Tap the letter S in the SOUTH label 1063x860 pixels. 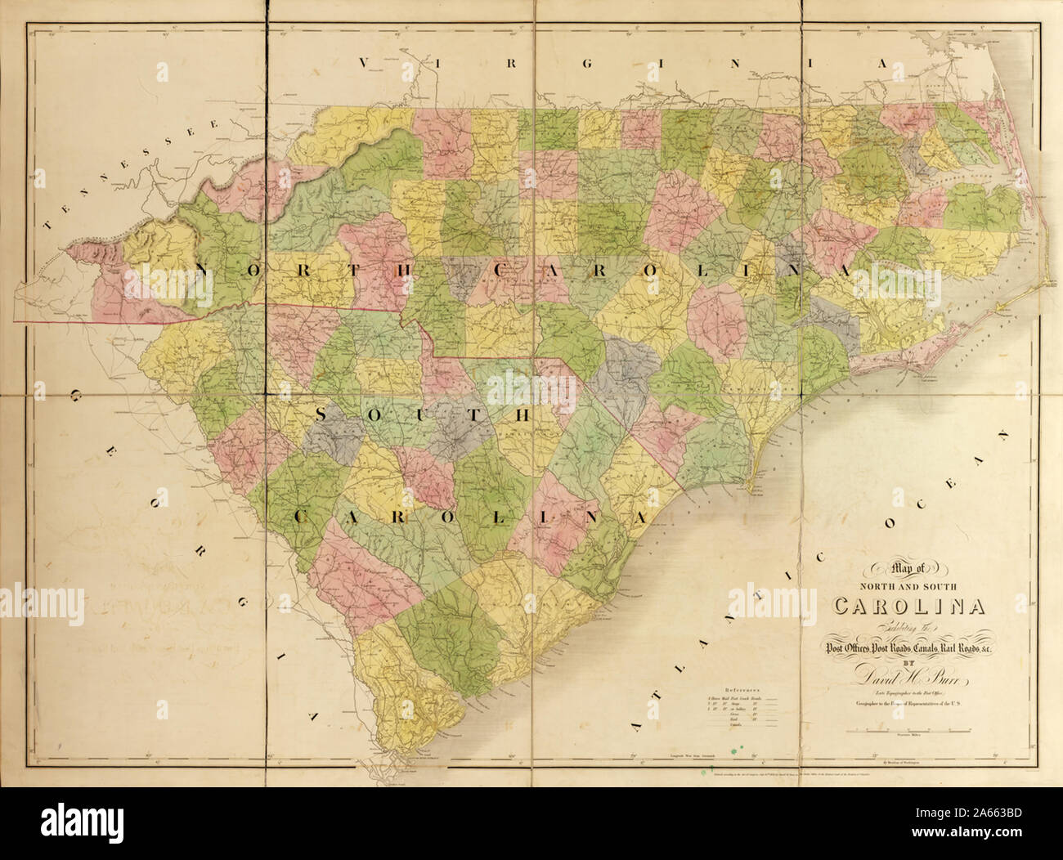[x=321, y=415]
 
